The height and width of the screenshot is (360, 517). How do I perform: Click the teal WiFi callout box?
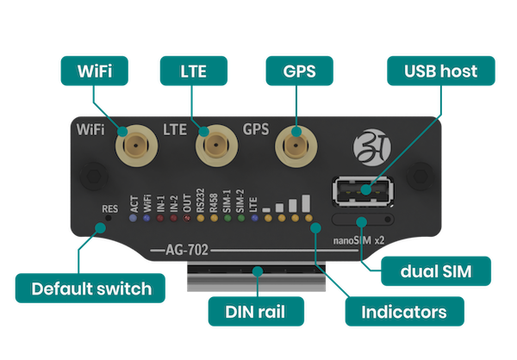pyautogui.click(x=95, y=71)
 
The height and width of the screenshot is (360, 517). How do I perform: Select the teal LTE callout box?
pyautogui.click(x=194, y=71)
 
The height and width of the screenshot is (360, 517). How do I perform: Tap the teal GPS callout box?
pyautogui.click(x=299, y=71)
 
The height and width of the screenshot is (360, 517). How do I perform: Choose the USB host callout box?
pyautogui.click(x=441, y=71)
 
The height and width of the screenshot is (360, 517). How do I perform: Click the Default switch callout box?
pyautogui.click(x=90, y=289)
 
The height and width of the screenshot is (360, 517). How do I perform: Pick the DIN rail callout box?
pyautogui.click(x=256, y=312)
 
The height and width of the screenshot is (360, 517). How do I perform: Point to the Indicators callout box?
pyautogui.click(x=405, y=312)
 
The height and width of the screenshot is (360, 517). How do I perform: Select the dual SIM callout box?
pyautogui.click(x=436, y=271)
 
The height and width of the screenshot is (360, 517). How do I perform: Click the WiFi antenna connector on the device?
pyautogui.click(x=136, y=146)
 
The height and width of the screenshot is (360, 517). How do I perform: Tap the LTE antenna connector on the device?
pyautogui.click(x=216, y=146)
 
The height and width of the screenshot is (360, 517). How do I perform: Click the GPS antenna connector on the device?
pyautogui.click(x=296, y=146)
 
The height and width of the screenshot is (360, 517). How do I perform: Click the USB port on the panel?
pyautogui.click(x=363, y=192)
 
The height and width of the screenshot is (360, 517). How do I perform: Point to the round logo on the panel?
pyautogui.click(x=371, y=147)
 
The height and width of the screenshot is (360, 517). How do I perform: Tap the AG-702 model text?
pyautogui.click(x=187, y=251)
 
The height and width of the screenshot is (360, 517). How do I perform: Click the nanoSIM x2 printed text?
pyautogui.click(x=358, y=240)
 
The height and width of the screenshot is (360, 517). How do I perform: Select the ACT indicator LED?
pyautogui.click(x=133, y=218)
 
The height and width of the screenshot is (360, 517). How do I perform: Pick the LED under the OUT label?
pyautogui.click(x=187, y=218)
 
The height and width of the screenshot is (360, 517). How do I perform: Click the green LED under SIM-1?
pyautogui.click(x=227, y=218)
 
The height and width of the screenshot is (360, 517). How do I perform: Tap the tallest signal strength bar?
pyautogui.click(x=306, y=203)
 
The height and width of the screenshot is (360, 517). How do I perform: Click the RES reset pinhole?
pyautogui.click(x=108, y=218)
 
